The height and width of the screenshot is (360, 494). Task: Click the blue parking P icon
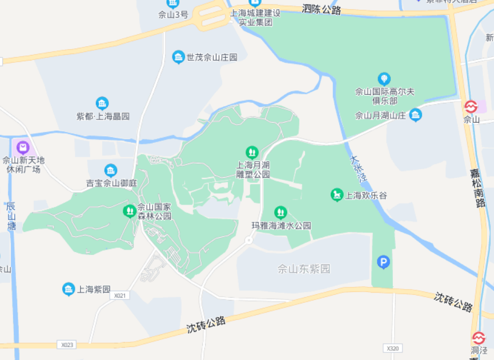383,262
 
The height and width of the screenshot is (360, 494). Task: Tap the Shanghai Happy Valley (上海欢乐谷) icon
337,195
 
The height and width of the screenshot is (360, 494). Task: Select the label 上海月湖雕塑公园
252,170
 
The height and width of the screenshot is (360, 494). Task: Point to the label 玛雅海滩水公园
282,226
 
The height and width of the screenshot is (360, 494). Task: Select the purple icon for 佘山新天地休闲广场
23,147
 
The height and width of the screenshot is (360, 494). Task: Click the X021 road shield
119,295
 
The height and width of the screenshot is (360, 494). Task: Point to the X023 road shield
66,345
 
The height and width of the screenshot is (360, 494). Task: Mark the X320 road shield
392,348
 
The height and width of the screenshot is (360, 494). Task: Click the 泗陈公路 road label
322,10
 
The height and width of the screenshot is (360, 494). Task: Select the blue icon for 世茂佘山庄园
179,57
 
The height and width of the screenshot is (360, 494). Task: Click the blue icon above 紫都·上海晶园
102,103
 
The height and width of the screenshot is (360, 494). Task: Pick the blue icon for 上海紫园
69,289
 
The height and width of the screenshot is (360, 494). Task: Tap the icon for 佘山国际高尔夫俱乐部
384,78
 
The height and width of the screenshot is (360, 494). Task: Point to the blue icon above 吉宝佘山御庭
111,170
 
